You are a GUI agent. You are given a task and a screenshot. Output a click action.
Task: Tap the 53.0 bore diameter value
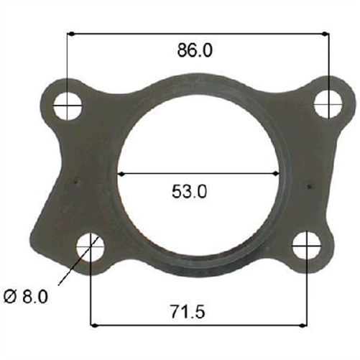190,191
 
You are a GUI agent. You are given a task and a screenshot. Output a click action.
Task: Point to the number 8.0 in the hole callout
34,295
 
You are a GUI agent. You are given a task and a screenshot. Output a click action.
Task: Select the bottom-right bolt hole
307,246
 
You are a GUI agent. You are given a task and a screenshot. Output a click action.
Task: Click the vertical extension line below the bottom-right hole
307,295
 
